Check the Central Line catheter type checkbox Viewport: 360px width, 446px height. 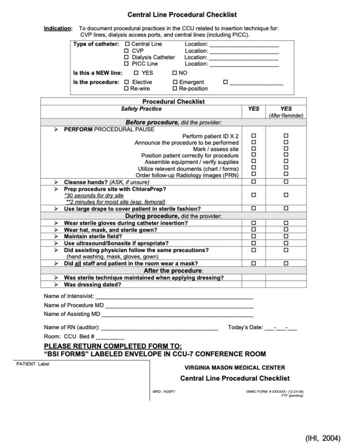pos(127,44)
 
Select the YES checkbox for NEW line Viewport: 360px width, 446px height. pos(136,73)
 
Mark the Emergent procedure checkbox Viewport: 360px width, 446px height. pos(175,82)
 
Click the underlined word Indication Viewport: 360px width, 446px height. pos(58,28)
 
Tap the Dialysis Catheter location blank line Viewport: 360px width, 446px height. pos(244,58)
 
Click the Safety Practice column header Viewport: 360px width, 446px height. pos(141,109)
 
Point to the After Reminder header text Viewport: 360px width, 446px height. pos(286,115)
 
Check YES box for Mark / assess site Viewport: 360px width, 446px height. pos(254,149)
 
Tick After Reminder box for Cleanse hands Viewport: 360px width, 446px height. pos(286,182)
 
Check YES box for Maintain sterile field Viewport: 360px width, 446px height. pos(254,236)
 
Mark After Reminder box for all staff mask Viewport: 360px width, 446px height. pos(286,263)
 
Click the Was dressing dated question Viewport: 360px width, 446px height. pos(92,285)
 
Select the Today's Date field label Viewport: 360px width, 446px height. pos(245,327)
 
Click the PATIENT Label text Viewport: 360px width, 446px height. pos(33,364)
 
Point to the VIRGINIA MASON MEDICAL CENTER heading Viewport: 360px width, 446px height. pos(235,368)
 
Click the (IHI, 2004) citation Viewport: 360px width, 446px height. pos(323,438)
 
